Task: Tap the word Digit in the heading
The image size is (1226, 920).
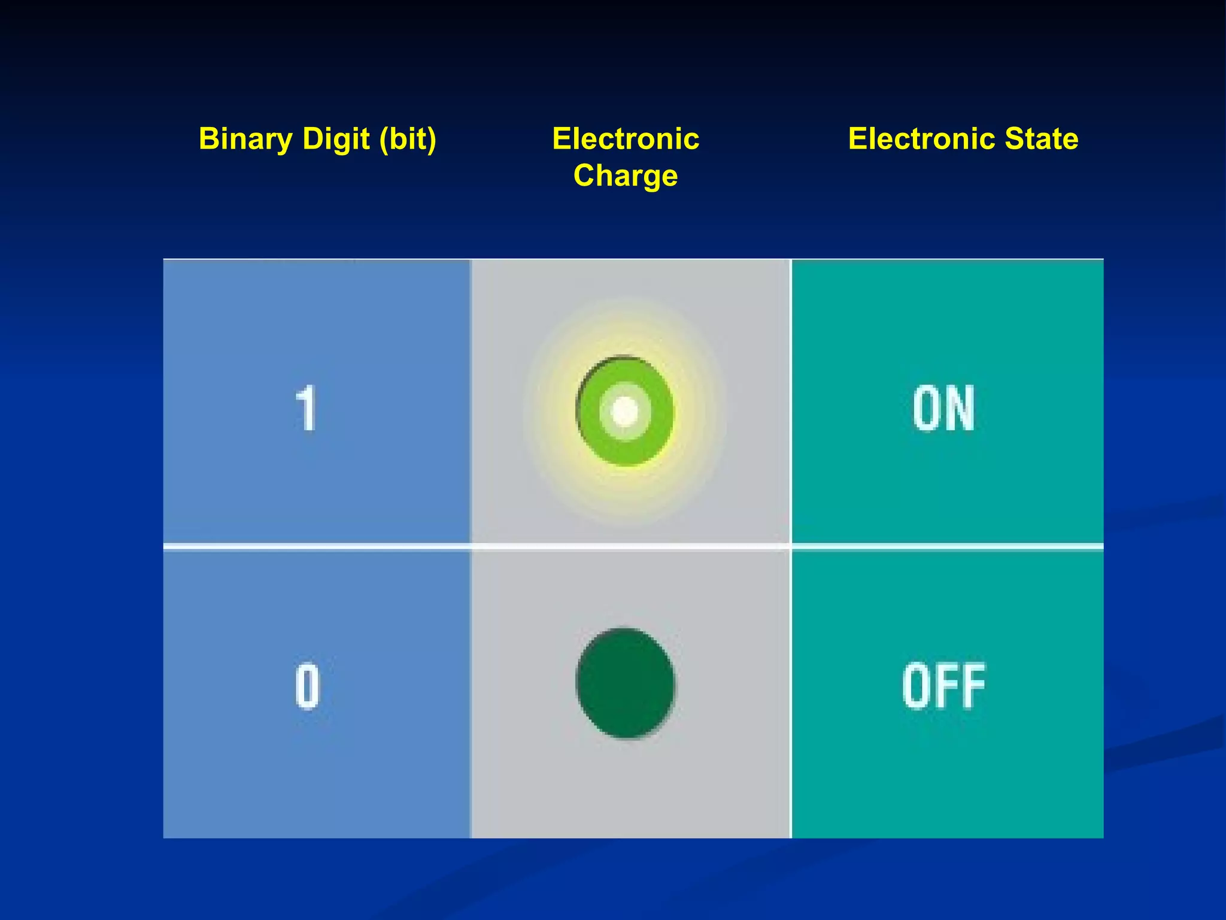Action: (336, 139)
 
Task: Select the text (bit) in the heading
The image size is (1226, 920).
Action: (408, 139)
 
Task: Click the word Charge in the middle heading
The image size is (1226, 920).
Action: (626, 176)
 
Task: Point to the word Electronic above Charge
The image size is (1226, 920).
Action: (626, 139)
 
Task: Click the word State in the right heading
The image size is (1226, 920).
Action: (1042, 139)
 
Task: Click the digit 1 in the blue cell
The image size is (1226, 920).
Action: (306, 408)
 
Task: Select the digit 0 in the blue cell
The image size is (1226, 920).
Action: (307, 686)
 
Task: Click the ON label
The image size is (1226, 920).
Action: (944, 408)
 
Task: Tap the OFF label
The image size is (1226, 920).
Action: (944, 686)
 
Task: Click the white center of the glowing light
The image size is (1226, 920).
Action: (625, 411)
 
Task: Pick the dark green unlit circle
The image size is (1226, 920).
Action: (626, 683)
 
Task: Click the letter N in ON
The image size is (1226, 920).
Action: (961, 408)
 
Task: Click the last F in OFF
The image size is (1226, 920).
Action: (973, 686)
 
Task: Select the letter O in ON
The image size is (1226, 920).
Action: (927, 408)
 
